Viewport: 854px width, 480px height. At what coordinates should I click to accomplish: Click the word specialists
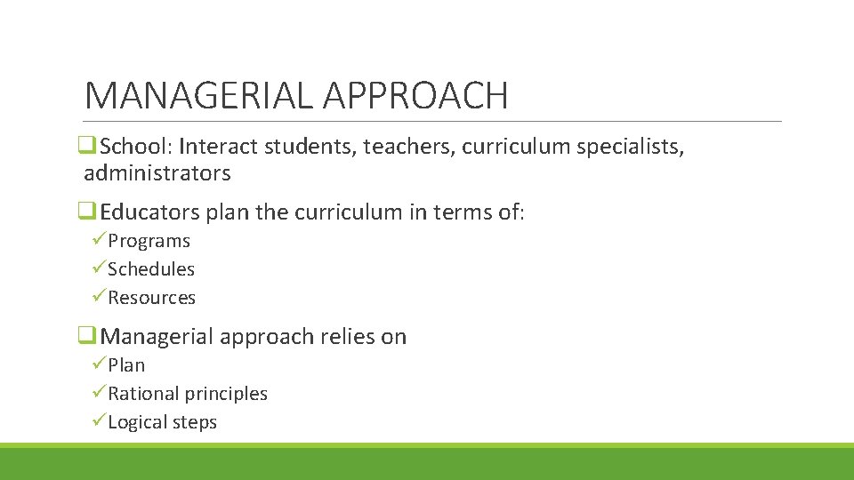click(x=628, y=146)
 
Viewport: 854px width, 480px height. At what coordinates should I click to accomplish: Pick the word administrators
click(x=157, y=172)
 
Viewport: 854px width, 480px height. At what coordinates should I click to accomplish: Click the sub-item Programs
click(x=149, y=241)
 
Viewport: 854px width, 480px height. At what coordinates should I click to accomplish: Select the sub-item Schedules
click(x=151, y=269)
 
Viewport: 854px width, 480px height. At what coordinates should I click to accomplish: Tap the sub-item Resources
click(x=151, y=298)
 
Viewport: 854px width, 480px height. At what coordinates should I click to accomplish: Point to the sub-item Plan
click(x=126, y=365)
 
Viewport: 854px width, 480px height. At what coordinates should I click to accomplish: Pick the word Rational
click(x=143, y=394)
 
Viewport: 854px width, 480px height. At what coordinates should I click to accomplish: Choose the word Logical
click(x=138, y=422)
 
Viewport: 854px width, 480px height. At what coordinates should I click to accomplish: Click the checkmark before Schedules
click(x=99, y=268)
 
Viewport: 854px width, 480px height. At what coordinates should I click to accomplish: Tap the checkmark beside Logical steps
click(x=99, y=421)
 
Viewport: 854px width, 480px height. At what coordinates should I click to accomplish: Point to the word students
click(x=318, y=146)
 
